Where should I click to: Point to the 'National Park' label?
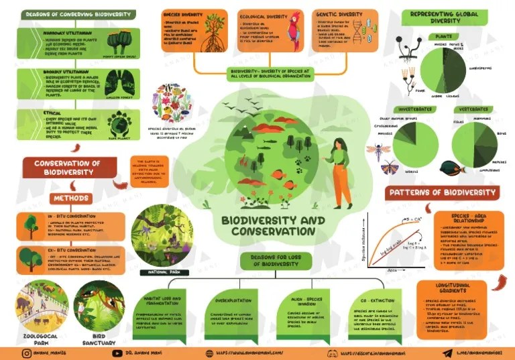(x=160, y=273)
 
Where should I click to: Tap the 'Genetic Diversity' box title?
(x=341, y=13)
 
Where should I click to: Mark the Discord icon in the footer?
(x=331, y=351)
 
